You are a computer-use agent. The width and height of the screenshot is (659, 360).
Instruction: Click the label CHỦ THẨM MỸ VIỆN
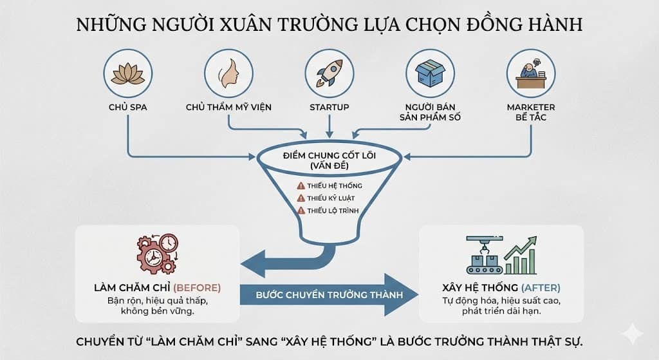228,107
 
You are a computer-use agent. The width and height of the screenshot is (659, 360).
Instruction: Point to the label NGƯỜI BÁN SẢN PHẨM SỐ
430,112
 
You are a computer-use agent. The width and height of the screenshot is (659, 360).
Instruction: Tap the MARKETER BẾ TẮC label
530,112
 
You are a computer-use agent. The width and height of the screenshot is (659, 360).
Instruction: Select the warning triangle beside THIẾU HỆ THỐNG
300,185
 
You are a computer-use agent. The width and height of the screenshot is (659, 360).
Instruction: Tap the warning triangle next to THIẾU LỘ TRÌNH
300,211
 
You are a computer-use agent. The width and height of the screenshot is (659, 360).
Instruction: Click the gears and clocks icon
157,254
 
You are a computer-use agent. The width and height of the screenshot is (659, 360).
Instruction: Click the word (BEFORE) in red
198,287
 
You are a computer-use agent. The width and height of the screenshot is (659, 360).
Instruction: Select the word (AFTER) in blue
541,287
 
